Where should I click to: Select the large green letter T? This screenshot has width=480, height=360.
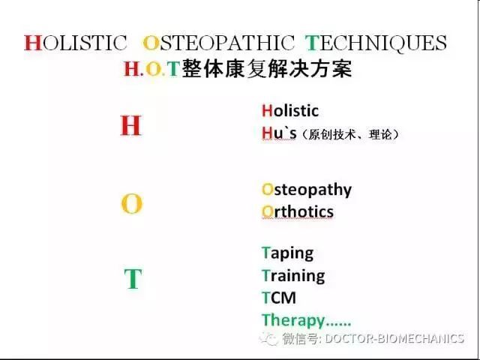132,280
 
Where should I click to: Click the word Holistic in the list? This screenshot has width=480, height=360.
290,111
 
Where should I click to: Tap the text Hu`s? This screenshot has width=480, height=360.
280,133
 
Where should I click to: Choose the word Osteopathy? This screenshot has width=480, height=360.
307,189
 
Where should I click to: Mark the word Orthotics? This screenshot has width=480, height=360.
298,211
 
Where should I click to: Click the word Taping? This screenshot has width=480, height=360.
287,253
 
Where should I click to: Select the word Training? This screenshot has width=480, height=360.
293,275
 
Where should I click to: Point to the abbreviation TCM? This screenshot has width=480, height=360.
279,298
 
